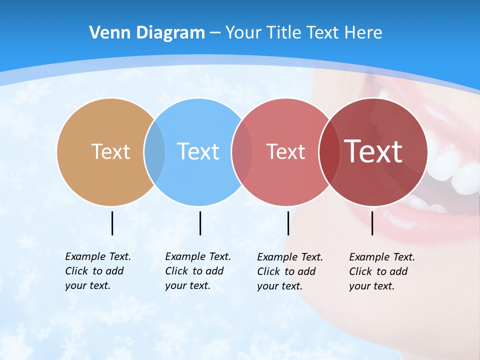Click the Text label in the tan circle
click(x=110, y=151)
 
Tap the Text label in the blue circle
click(x=198, y=151)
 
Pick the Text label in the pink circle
click(x=285, y=151)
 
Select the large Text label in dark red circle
click(x=373, y=151)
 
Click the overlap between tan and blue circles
click(x=154, y=152)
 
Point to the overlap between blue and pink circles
click(x=242, y=152)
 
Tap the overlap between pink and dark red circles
click(x=329, y=152)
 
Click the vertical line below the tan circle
click(x=112, y=223)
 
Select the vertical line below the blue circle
click(x=200, y=223)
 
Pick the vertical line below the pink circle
click(x=288, y=223)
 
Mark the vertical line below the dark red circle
click(x=372, y=223)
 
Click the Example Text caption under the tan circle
click(x=97, y=271)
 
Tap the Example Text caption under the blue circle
click(x=197, y=271)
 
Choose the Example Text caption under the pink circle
click(x=289, y=271)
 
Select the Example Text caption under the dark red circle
click(x=381, y=271)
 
